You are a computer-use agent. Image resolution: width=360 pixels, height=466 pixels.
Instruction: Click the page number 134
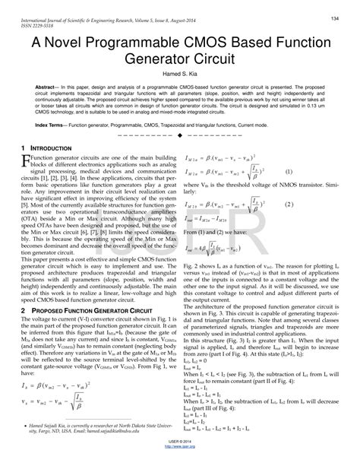(x=335, y=17)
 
